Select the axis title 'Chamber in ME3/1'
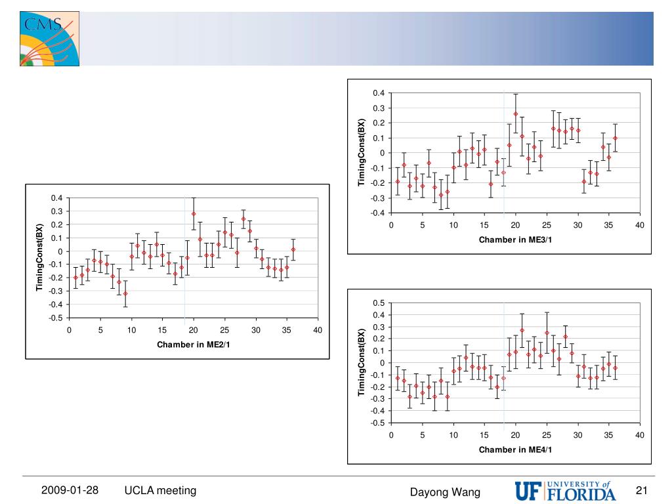click(515, 240)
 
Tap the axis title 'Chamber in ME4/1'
click(515, 450)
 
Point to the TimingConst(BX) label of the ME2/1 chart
click(39, 257)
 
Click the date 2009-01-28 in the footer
click(70, 490)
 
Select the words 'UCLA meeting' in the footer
click(161, 490)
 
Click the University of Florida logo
click(566, 490)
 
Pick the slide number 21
click(642, 491)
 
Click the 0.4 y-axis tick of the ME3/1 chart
click(379, 93)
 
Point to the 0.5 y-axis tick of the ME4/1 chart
click(379, 303)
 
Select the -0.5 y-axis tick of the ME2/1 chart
click(56, 318)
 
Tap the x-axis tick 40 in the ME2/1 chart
click(318, 329)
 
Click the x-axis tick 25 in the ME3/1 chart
click(547, 225)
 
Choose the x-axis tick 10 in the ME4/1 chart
click(453, 435)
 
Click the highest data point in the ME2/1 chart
click(194, 214)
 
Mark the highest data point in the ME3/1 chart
click(515, 114)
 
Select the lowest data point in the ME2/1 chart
click(125, 293)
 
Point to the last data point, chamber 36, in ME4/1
click(615, 368)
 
